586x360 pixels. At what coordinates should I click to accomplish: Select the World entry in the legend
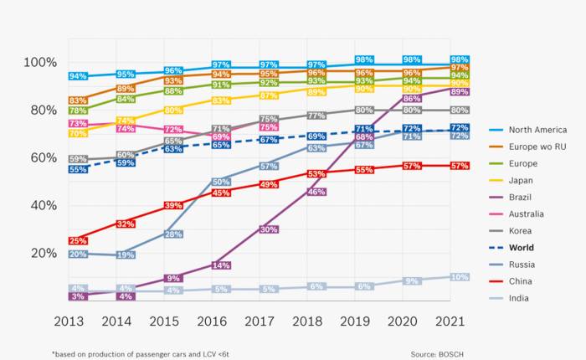pyautogui.click(x=521, y=248)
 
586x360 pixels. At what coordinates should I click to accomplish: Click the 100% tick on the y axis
pyautogui.click(x=40, y=63)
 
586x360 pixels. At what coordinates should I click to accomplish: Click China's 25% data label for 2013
pyautogui.click(x=78, y=241)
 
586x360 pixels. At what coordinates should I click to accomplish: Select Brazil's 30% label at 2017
pyautogui.click(x=269, y=229)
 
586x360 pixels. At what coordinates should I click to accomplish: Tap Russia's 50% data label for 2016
pyautogui.click(x=221, y=182)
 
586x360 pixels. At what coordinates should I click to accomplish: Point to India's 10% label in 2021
pyautogui.click(x=459, y=277)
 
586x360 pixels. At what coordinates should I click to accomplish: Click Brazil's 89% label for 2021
pyautogui.click(x=459, y=92)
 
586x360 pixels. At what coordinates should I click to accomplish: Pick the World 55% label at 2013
pyautogui.click(x=78, y=170)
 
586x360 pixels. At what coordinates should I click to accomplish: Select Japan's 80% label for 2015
pyautogui.click(x=173, y=111)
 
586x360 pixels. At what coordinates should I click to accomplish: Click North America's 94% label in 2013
pyautogui.click(x=78, y=76)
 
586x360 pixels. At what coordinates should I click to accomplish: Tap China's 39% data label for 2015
pyautogui.click(x=173, y=205)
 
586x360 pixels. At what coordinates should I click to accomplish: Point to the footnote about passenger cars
pyautogui.click(x=140, y=354)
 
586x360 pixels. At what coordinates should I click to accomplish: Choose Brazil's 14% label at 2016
pyautogui.click(x=221, y=265)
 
